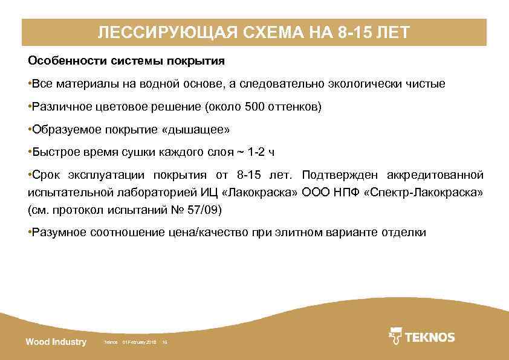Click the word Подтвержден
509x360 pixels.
pyautogui.click(x=336, y=175)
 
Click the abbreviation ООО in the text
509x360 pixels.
pyautogui.click(x=313, y=193)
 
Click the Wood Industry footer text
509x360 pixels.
pyautogui.click(x=56, y=342)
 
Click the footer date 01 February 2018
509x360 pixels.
pyautogui.click(x=139, y=342)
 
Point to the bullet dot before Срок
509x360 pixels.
pyautogui.click(x=30, y=175)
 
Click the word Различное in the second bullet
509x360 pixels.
pyautogui.click(x=57, y=107)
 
